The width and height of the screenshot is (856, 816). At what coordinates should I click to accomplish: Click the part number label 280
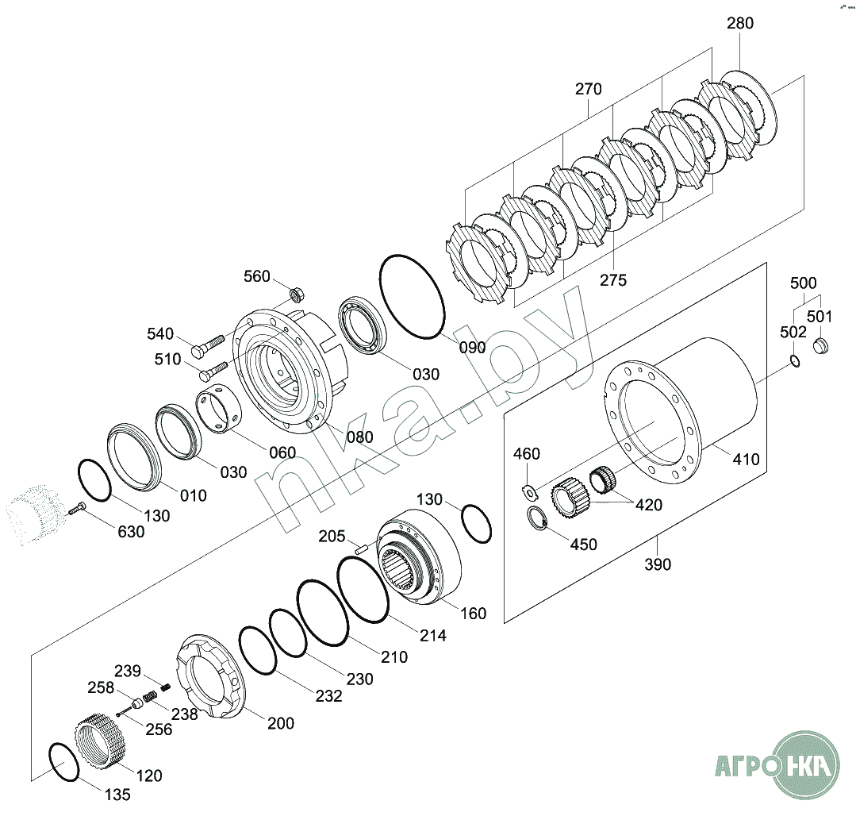tap(739, 23)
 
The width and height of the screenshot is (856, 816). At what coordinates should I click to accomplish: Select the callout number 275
tap(612, 279)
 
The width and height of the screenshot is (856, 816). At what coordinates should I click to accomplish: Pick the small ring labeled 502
tap(794, 363)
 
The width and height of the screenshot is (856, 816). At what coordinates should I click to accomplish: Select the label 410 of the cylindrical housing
tap(746, 459)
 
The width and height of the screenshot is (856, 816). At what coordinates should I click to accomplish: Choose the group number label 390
tap(658, 564)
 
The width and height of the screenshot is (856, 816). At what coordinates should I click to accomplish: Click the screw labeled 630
tap(77, 510)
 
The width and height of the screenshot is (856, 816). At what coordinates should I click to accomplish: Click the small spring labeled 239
tap(166, 686)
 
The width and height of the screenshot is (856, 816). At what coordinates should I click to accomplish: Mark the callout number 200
tap(280, 723)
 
